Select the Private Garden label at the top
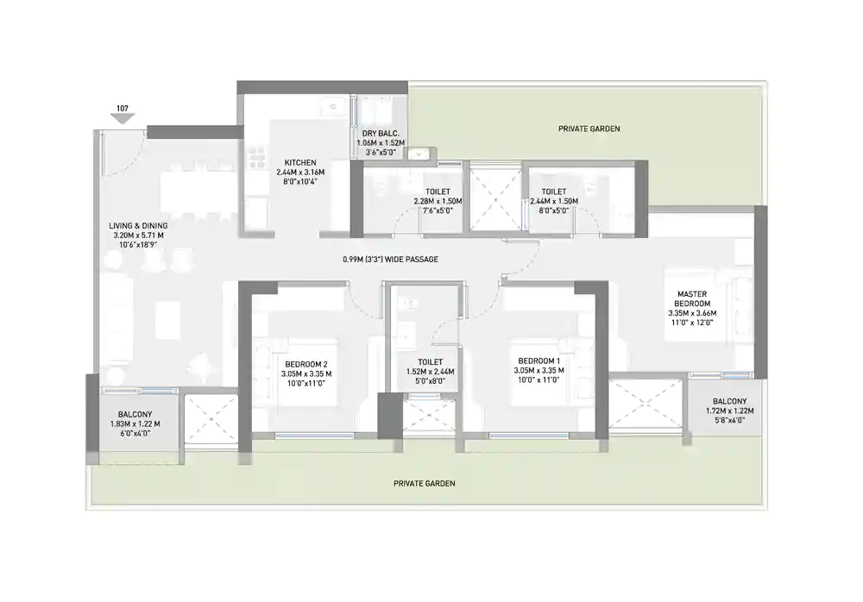[x=589, y=129]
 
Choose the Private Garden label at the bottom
[x=424, y=484]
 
